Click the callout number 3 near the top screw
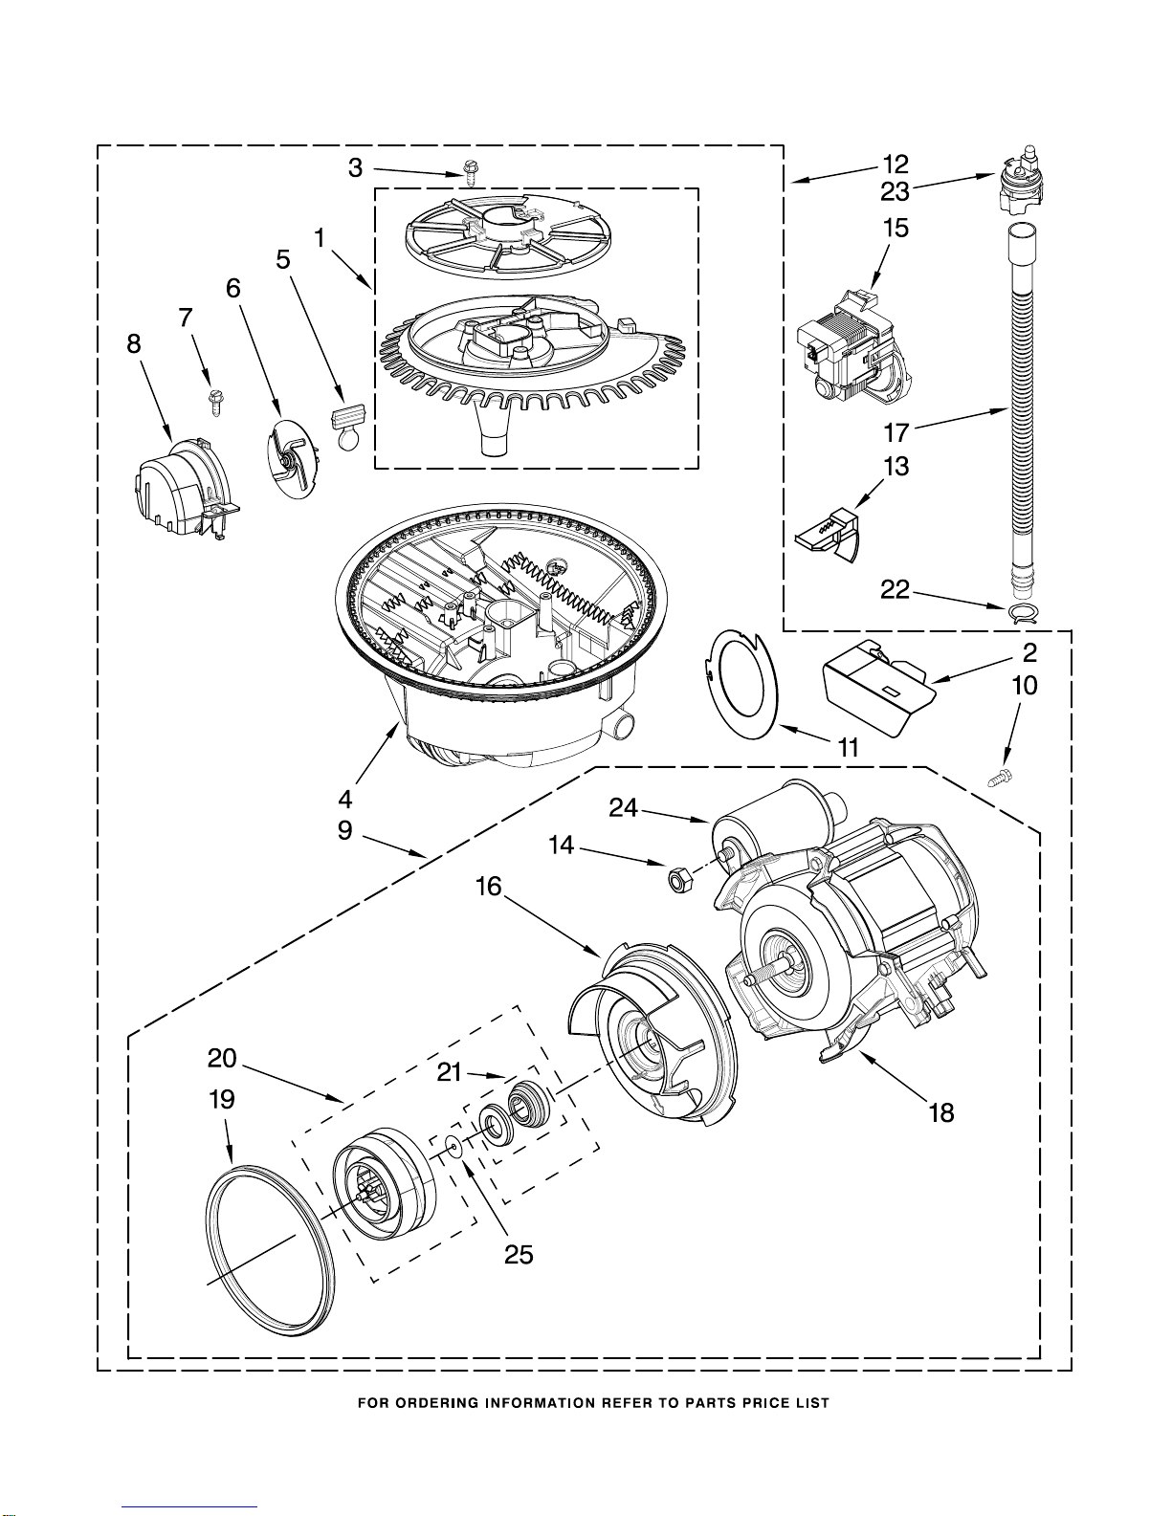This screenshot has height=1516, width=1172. (356, 168)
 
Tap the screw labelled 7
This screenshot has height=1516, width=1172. (215, 404)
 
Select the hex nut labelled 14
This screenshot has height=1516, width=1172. (676, 880)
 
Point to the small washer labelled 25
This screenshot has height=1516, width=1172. (454, 1145)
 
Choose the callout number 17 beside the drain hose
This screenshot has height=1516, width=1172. (896, 432)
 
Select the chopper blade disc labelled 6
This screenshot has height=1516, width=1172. (292, 459)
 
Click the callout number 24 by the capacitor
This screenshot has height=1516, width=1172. (624, 807)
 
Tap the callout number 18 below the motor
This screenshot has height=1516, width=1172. (941, 1112)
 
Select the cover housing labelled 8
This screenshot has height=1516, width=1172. (183, 491)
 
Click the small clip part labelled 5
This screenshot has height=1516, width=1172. (347, 426)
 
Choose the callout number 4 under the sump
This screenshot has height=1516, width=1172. (344, 799)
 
